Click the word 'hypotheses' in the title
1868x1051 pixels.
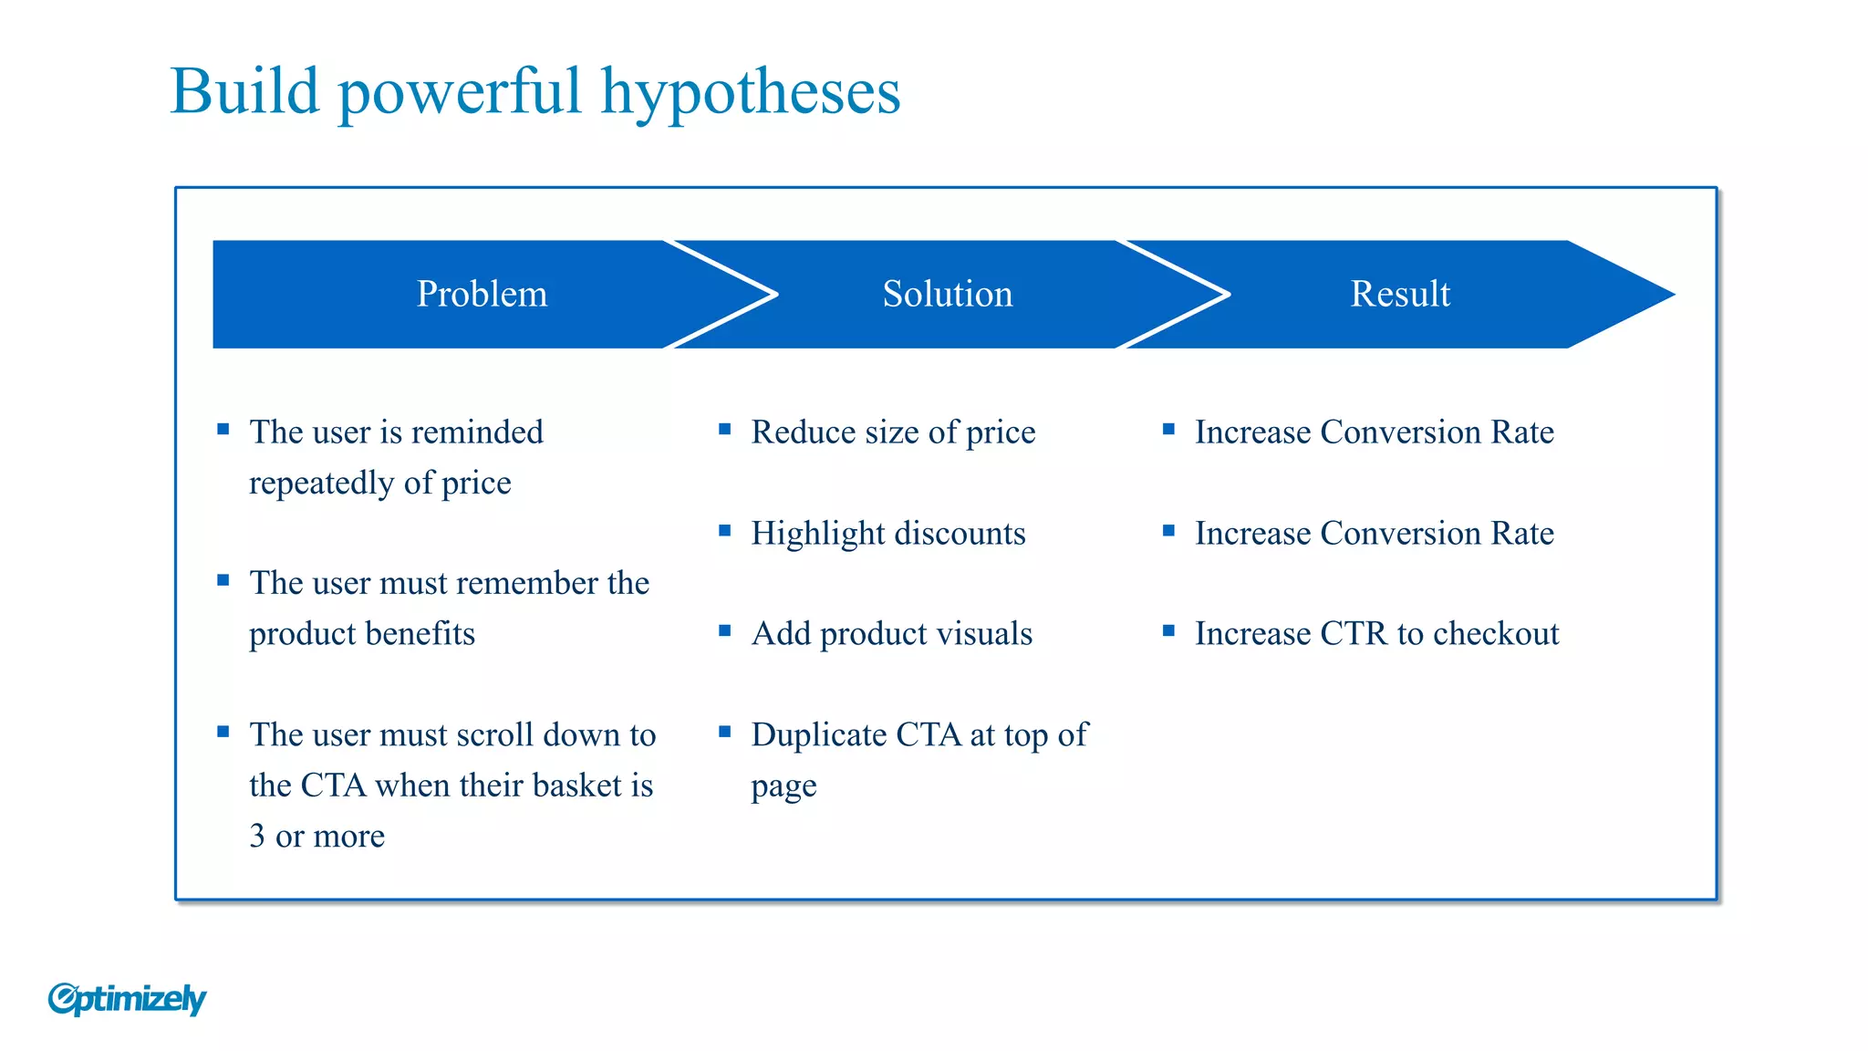[x=750, y=93]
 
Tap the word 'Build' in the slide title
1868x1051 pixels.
[x=244, y=91]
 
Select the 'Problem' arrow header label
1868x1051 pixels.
[x=482, y=294]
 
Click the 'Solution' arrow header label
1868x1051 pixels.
[x=947, y=294]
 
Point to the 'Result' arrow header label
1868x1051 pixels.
[x=1399, y=294]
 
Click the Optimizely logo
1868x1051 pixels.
[x=127, y=999]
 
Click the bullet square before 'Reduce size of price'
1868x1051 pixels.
[x=725, y=429]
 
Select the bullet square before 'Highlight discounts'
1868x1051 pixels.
[x=725, y=530]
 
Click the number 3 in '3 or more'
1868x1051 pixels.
[x=257, y=836]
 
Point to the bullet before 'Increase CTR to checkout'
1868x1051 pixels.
[x=1168, y=630]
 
